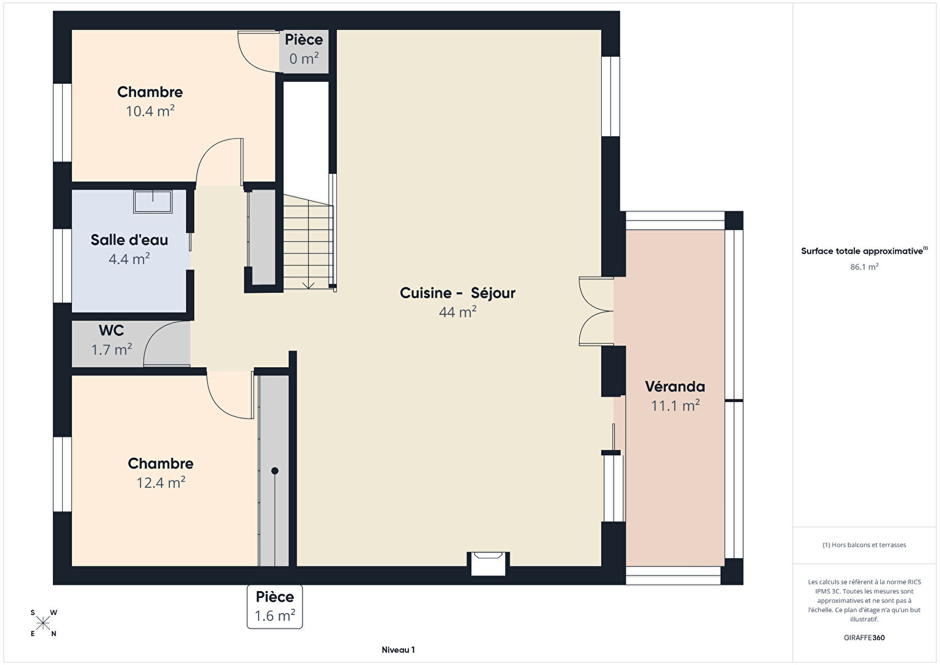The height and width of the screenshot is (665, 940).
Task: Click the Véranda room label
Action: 675,386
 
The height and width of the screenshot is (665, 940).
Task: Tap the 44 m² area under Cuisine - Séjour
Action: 458,312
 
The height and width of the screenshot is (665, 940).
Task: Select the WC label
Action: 111,330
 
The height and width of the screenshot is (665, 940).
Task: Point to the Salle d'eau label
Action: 129,240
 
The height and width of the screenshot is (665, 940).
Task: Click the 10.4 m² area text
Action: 150,111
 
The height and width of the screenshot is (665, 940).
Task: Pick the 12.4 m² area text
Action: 161,483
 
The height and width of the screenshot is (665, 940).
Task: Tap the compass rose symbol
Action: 43,623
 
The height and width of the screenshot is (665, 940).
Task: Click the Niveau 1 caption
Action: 398,650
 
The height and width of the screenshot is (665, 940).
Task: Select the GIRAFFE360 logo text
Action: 864,638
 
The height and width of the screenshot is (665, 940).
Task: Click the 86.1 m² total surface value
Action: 864,267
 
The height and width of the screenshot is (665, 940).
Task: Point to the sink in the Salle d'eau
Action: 153,202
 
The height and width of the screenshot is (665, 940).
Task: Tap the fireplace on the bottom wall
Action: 488,564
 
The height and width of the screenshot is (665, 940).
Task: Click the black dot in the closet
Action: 275,471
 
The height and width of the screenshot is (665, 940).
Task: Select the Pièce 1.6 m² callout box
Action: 275,606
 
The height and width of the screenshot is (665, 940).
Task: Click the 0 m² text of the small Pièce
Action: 304,59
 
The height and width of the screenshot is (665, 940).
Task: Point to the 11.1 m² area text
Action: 675,406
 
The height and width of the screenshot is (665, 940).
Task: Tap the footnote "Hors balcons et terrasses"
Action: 864,545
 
